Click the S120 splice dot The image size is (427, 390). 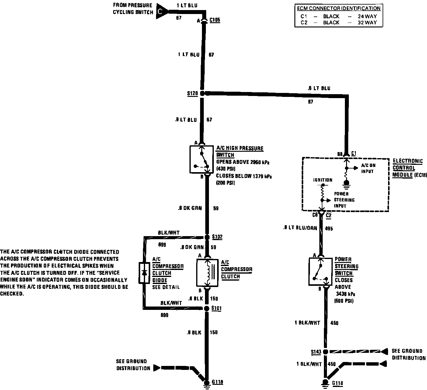click(203, 93)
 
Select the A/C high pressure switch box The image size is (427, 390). click(201, 159)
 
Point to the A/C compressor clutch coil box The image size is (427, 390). click(208, 273)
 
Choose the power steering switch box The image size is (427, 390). click(320, 271)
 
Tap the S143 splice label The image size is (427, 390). click(316, 352)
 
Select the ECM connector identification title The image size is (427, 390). click(338, 9)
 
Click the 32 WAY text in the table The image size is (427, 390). click(367, 23)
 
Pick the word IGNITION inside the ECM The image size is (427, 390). click(323, 180)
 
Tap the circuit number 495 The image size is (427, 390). click(329, 228)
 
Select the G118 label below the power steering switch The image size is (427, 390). click(338, 383)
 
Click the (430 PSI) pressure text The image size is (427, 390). click(225, 169)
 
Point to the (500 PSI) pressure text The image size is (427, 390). click(344, 301)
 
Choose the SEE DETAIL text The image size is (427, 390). click(166, 287)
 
